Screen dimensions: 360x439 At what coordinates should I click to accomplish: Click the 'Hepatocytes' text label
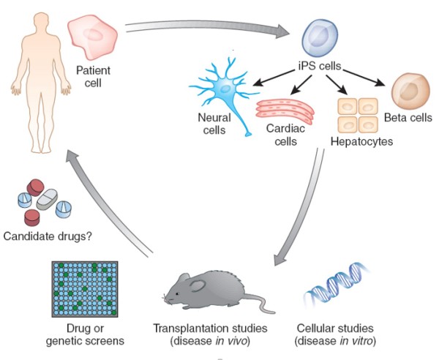pos(360,139)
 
